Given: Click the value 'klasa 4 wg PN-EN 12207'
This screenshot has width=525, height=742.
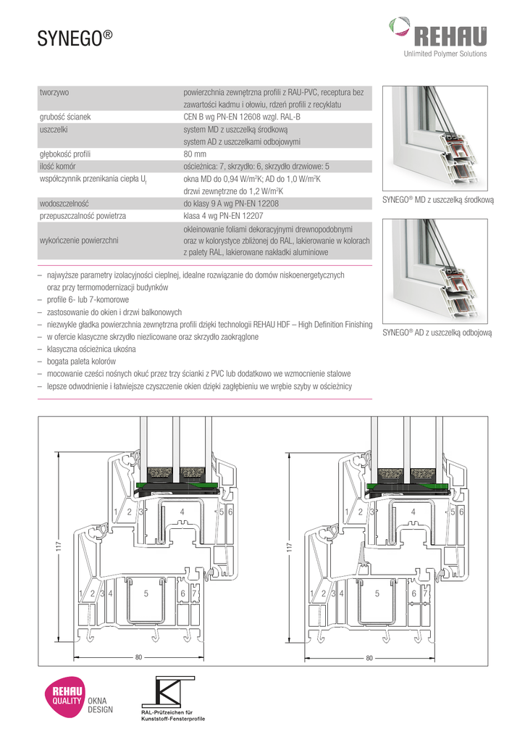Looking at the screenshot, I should (x=227, y=216).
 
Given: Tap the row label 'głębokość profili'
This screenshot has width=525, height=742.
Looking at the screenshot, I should (x=70, y=154).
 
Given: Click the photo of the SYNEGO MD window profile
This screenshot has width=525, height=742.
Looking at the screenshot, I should (x=437, y=138).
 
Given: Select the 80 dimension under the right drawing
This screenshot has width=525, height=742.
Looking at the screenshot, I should (x=369, y=658).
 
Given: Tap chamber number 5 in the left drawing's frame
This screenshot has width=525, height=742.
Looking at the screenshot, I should (x=146, y=593).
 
